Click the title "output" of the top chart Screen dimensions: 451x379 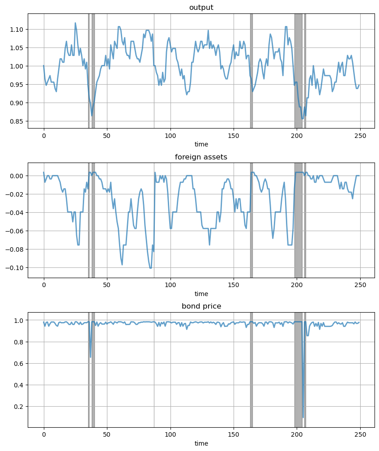(x=201, y=8)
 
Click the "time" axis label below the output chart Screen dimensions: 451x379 (x=201, y=144)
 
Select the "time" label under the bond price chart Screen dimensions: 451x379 (x=201, y=443)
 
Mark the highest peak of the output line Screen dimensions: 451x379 (x=75, y=23)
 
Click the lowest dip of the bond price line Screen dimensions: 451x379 (x=303, y=417)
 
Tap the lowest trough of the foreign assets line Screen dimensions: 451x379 (x=150, y=268)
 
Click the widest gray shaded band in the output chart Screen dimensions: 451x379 (x=298, y=71)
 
